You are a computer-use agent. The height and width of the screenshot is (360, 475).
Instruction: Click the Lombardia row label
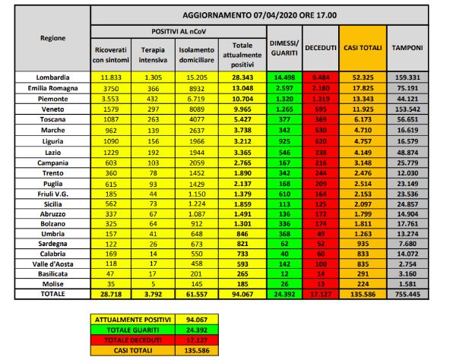coord(53,77)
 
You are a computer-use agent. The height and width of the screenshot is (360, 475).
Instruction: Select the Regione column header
coord(53,37)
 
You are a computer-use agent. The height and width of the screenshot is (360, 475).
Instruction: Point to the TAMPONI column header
coord(407,48)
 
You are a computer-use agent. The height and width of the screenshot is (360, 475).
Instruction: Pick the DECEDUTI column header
coord(320,48)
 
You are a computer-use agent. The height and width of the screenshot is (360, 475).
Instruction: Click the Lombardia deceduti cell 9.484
coord(320,77)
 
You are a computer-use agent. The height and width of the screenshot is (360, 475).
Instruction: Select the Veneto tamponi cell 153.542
coord(407,109)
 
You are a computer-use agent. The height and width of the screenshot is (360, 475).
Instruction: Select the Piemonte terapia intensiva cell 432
coord(154,99)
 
